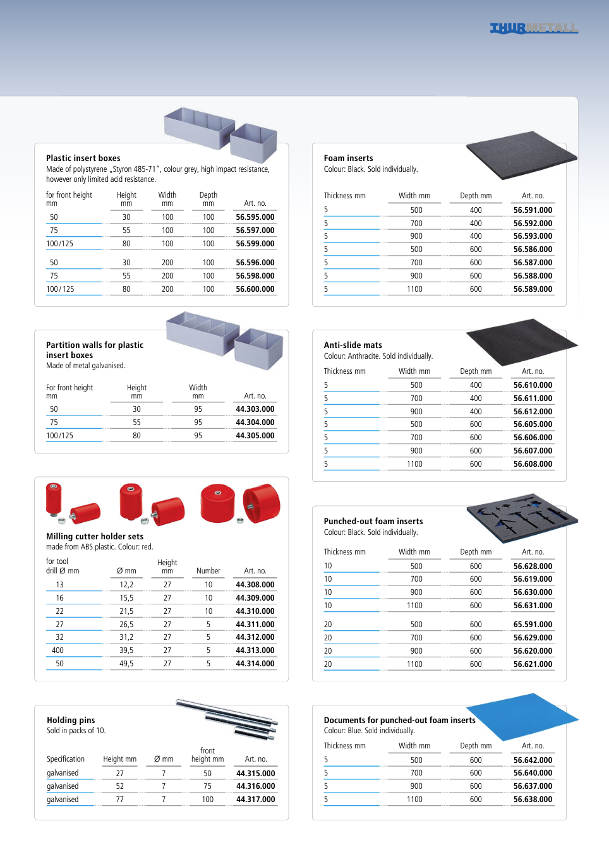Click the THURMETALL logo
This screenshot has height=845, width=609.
coord(534,28)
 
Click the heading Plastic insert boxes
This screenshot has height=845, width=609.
coord(83,158)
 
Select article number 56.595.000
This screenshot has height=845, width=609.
coord(255,217)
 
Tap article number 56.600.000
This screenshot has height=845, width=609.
coord(255,289)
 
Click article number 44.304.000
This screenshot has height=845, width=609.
coord(255,422)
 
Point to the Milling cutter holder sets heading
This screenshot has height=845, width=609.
coord(95,536)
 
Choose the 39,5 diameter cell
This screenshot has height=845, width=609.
coord(126,650)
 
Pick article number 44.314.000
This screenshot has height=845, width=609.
coord(255,664)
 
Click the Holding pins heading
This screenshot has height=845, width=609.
coord(71,720)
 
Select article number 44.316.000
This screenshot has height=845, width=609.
coord(256,786)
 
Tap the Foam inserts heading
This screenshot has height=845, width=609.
coord(348,158)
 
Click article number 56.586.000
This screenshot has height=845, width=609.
coord(533,249)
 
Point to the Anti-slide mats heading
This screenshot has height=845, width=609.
coord(353,345)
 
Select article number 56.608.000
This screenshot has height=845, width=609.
coord(533,464)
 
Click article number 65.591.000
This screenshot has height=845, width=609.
coord(533,625)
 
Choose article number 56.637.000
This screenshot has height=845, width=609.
coord(533,786)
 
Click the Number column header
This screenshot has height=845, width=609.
coord(208,571)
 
